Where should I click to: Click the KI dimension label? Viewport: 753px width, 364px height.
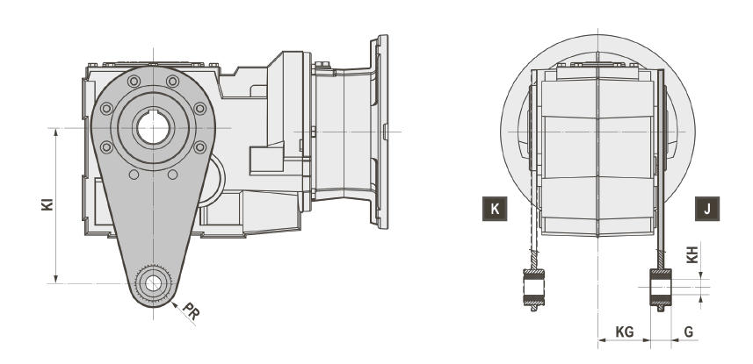[47, 204]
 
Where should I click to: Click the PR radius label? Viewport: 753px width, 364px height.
[192, 311]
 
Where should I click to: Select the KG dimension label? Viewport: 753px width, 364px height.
[625, 332]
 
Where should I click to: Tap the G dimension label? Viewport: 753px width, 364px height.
[689, 332]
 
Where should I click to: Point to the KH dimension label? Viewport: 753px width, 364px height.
[692, 254]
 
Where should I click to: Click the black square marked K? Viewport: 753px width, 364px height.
[495, 209]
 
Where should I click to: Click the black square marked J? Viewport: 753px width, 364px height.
[707, 209]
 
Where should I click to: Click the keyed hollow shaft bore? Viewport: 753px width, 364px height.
[153, 128]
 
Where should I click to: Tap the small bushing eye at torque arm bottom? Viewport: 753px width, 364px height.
[153, 283]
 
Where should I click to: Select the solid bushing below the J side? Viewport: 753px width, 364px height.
[661, 288]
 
